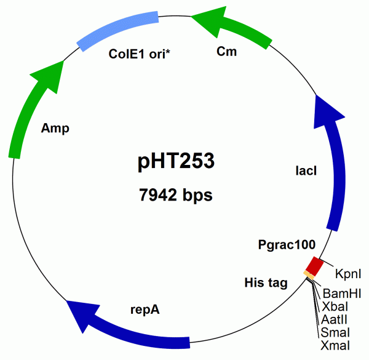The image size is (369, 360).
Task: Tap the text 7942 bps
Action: (176, 195)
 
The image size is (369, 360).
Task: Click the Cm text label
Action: (226, 52)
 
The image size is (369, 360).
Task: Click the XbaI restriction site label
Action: (333, 306)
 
